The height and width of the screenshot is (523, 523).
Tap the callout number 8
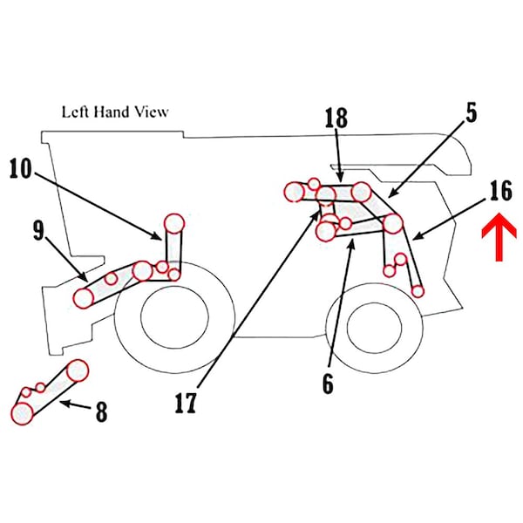[101, 411]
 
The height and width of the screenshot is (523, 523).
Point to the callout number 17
[185, 404]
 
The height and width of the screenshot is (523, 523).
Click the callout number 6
[327, 384]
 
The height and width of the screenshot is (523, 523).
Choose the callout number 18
[336, 119]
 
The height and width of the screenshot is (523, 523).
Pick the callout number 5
[472, 114]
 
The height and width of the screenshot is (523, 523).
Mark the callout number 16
[500, 191]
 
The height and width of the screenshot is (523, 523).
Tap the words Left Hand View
[114, 112]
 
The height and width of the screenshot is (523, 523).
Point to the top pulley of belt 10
[174, 223]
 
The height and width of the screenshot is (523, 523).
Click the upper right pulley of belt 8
[78, 370]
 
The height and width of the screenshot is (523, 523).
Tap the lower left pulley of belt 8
[22, 412]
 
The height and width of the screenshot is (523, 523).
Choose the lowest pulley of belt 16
[419, 290]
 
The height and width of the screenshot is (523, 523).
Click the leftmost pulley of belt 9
[84, 297]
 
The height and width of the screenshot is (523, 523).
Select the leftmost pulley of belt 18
[295, 191]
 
